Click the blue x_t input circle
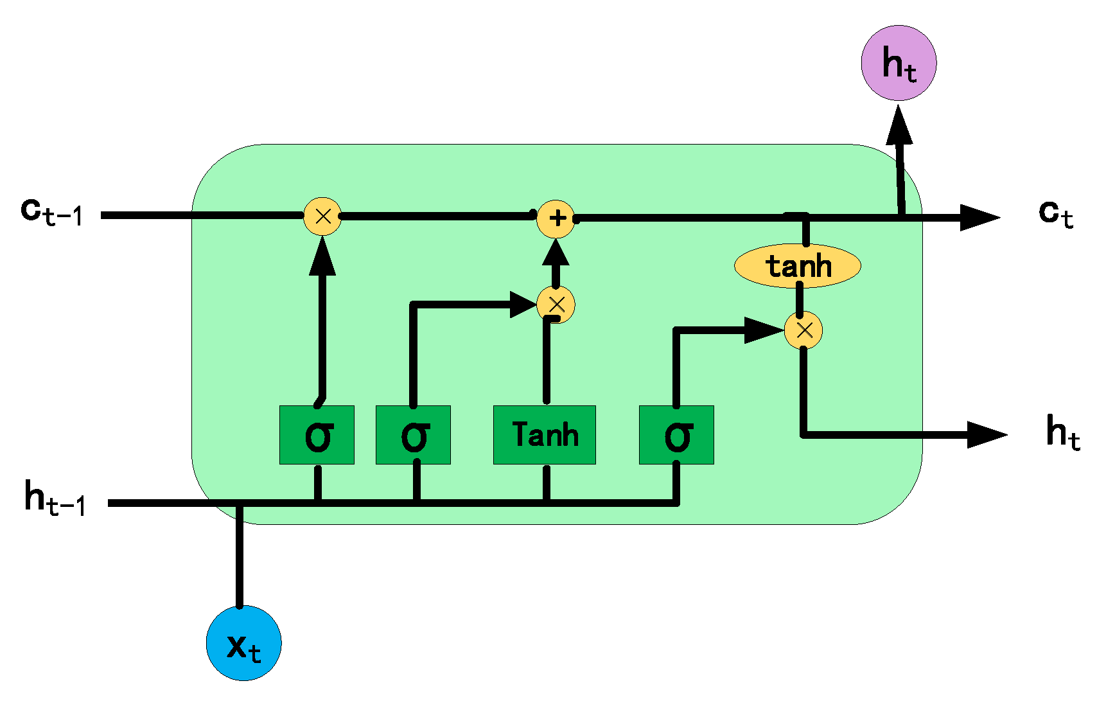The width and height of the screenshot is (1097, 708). click(x=243, y=642)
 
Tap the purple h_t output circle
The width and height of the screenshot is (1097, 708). click(x=899, y=63)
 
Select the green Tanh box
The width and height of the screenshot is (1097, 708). click(x=544, y=435)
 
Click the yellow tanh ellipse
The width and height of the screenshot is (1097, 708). click(x=797, y=265)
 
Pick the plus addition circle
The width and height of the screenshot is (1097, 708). click(x=556, y=218)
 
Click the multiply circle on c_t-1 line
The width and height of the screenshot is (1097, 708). click(x=322, y=216)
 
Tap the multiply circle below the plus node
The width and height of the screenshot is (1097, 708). click(x=556, y=305)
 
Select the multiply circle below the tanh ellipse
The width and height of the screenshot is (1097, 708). click(x=803, y=330)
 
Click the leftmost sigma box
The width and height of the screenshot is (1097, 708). click(x=317, y=435)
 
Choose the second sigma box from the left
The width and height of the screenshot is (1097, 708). click(x=413, y=435)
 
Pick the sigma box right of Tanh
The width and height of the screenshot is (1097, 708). click(x=676, y=435)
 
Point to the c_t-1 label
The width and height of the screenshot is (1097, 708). click(x=51, y=212)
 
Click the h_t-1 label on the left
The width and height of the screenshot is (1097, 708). click(x=55, y=498)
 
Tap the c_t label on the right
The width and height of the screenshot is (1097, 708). click(x=1055, y=213)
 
